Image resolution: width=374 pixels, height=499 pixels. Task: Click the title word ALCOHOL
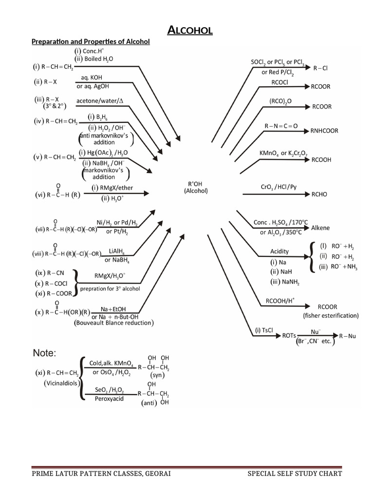(x=190, y=31)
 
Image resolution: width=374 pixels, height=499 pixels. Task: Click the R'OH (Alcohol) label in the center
(x=196, y=188)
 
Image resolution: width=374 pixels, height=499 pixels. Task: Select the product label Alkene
(x=320, y=228)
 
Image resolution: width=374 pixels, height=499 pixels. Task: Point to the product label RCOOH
(x=322, y=159)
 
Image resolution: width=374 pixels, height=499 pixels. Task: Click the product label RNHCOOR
(x=324, y=131)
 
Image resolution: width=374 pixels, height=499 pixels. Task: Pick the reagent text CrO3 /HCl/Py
(x=279, y=187)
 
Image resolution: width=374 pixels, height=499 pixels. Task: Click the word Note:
(x=45, y=352)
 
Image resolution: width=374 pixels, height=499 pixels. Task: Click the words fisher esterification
(x=331, y=315)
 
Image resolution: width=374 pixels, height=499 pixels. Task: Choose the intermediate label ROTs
(x=289, y=336)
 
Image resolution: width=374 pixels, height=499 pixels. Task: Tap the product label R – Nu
(x=348, y=336)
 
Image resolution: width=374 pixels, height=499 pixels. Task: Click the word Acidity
(x=280, y=251)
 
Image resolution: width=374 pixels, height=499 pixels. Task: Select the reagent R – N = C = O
(x=281, y=126)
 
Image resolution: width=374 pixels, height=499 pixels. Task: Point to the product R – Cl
(x=320, y=69)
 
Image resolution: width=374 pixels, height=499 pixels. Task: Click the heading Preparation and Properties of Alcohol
(x=91, y=42)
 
